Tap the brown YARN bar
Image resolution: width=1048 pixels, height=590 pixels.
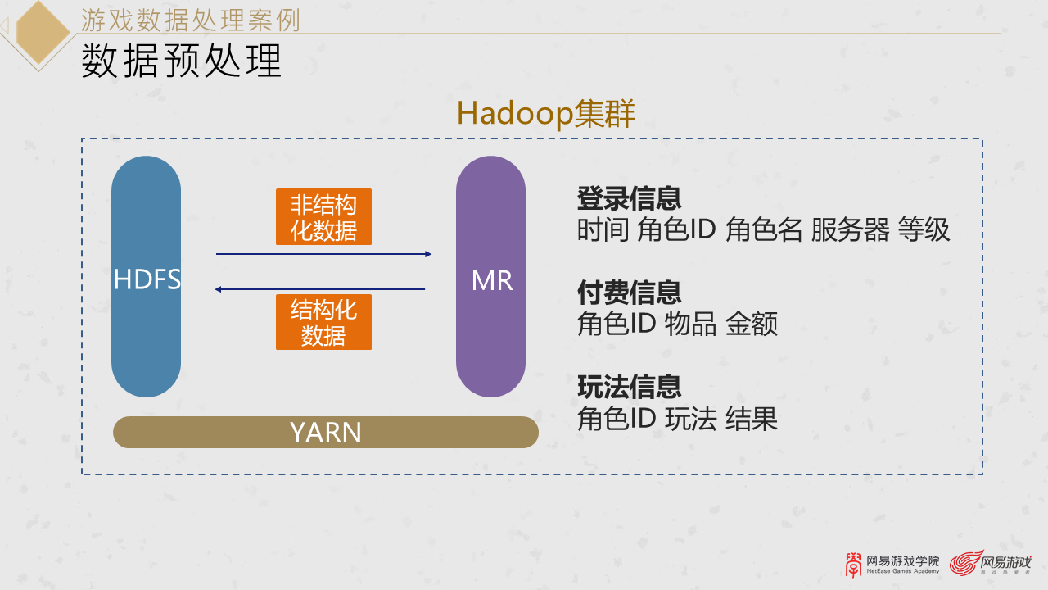click(x=325, y=432)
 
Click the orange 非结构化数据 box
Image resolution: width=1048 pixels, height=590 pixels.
click(x=323, y=217)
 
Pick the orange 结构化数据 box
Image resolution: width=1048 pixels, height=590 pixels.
click(x=323, y=322)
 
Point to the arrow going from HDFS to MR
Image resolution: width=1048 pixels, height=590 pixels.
click(x=323, y=254)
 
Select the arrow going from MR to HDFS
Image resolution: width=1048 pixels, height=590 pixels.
click(x=320, y=289)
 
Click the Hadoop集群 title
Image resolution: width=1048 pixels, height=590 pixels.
click(x=545, y=114)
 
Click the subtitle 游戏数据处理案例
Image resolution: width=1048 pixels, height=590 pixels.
click(x=191, y=18)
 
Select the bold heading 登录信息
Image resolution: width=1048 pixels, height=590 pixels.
click(x=629, y=198)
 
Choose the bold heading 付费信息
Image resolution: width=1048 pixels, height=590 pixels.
click(x=629, y=293)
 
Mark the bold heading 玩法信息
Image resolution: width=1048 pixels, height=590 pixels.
click(x=629, y=387)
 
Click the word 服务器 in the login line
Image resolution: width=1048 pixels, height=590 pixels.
click(x=850, y=230)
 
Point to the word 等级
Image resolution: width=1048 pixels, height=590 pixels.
click(x=924, y=230)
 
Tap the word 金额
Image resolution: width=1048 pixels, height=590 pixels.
click(x=752, y=324)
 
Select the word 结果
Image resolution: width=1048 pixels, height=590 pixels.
click(x=752, y=419)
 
